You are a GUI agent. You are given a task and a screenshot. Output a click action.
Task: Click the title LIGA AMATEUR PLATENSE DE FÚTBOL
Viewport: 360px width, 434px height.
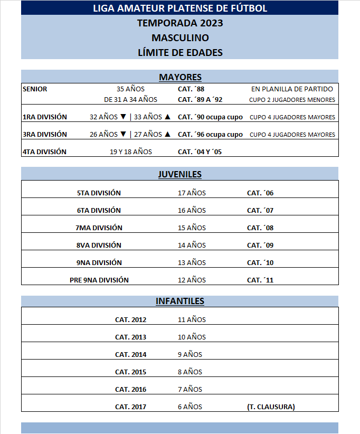(179, 8)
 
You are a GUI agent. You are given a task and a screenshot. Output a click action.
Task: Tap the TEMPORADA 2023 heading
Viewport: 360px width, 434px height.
(179, 23)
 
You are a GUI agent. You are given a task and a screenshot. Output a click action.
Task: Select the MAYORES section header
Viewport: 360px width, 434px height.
(179, 77)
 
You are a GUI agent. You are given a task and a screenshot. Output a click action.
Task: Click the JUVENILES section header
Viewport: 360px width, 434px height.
(179, 174)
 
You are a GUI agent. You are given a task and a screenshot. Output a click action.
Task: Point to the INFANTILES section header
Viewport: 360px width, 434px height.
(179, 301)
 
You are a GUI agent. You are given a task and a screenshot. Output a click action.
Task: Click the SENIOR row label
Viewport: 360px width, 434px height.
(35, 89)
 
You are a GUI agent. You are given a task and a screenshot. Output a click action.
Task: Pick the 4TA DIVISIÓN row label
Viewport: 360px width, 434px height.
(44, 152)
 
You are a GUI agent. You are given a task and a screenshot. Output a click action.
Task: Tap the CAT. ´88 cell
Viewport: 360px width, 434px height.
(191, 89)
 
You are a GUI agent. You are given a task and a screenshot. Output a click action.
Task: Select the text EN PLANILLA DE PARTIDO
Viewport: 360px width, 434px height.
(292, 89)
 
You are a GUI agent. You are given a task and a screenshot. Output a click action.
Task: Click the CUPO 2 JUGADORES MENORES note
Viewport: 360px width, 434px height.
(292, 100)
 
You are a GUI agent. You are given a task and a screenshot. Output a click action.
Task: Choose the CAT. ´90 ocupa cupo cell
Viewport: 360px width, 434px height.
(210, 117)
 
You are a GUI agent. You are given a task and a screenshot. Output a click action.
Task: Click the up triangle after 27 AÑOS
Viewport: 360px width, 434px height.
(167, 134)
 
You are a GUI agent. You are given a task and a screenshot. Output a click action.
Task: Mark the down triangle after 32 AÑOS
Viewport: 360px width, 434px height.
(122, 117)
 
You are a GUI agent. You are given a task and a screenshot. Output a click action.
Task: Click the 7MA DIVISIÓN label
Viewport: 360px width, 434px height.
(99, 228)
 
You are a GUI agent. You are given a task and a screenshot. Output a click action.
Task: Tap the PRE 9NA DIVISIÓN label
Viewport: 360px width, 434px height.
(99, 280)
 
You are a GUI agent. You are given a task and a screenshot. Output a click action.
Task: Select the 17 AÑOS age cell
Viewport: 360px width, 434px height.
(192, 193)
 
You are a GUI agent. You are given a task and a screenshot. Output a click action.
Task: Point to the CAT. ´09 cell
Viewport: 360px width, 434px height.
(260, 246)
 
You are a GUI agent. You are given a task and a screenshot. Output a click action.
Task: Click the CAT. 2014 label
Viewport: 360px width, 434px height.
(130, 354)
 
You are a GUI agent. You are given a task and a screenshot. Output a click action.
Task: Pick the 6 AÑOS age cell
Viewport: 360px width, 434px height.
(190, 407)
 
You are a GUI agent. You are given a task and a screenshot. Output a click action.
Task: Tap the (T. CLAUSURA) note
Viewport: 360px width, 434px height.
(271, 407)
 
